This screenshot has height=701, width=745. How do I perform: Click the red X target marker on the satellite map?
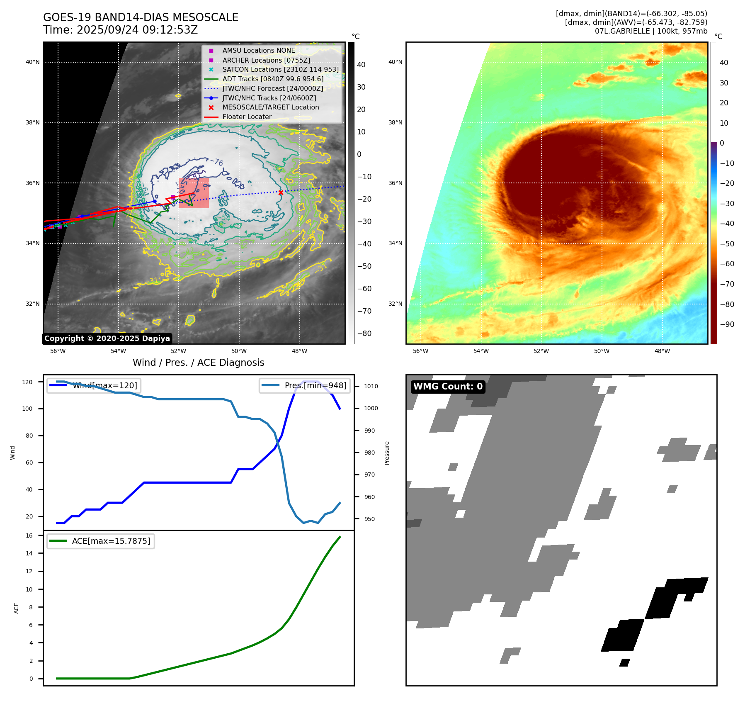[281, 192]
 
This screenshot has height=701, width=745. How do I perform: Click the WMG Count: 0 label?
[448, 387]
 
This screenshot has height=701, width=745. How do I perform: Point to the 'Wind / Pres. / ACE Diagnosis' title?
[198, 363]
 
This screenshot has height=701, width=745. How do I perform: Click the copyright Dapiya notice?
[107, 338]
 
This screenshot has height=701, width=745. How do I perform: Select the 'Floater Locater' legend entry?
[247, 117]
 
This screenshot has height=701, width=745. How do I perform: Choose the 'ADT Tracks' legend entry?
[272, 79]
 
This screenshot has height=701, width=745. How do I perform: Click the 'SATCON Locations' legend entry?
[280, 69]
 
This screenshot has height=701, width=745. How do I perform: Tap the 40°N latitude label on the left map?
[33, 62]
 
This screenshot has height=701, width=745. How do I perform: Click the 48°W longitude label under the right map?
[662, 351]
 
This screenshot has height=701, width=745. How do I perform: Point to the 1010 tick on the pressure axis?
[371, 386]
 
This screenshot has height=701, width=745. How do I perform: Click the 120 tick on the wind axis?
[27, 382]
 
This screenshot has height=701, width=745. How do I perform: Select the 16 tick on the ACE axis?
[29, 535]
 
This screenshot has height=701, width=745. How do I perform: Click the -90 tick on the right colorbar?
[727, 324]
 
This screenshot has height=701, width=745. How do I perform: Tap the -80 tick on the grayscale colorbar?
[364, 333]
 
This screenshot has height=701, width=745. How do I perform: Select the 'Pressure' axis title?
[387, 453]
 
